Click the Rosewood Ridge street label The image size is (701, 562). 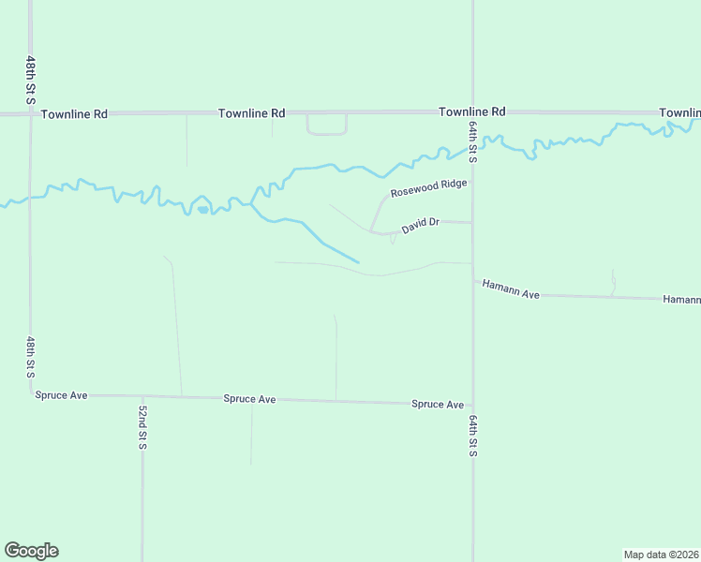(428, 187)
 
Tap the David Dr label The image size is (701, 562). (421, 226)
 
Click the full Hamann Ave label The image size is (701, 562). (511, 288)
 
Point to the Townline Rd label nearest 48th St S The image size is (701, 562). (75, 113)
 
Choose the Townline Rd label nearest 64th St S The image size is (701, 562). (472, 111)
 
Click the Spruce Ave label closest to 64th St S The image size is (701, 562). (438, 405)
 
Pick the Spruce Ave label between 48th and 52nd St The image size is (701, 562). (62, 395)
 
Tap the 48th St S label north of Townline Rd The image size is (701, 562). (31, 80)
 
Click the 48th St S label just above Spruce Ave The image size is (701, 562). (31, 357)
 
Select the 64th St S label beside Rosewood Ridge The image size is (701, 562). (473, 141)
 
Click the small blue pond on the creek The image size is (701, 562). (202, 209)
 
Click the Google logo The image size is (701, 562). (32, 551)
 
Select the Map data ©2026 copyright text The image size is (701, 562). (662, 555)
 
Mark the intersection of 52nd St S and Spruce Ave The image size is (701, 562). (142, 396)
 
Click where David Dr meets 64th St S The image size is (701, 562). (472, 223)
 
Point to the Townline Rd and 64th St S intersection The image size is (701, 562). (472, 112)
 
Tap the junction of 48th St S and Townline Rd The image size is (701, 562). (31, 114)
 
